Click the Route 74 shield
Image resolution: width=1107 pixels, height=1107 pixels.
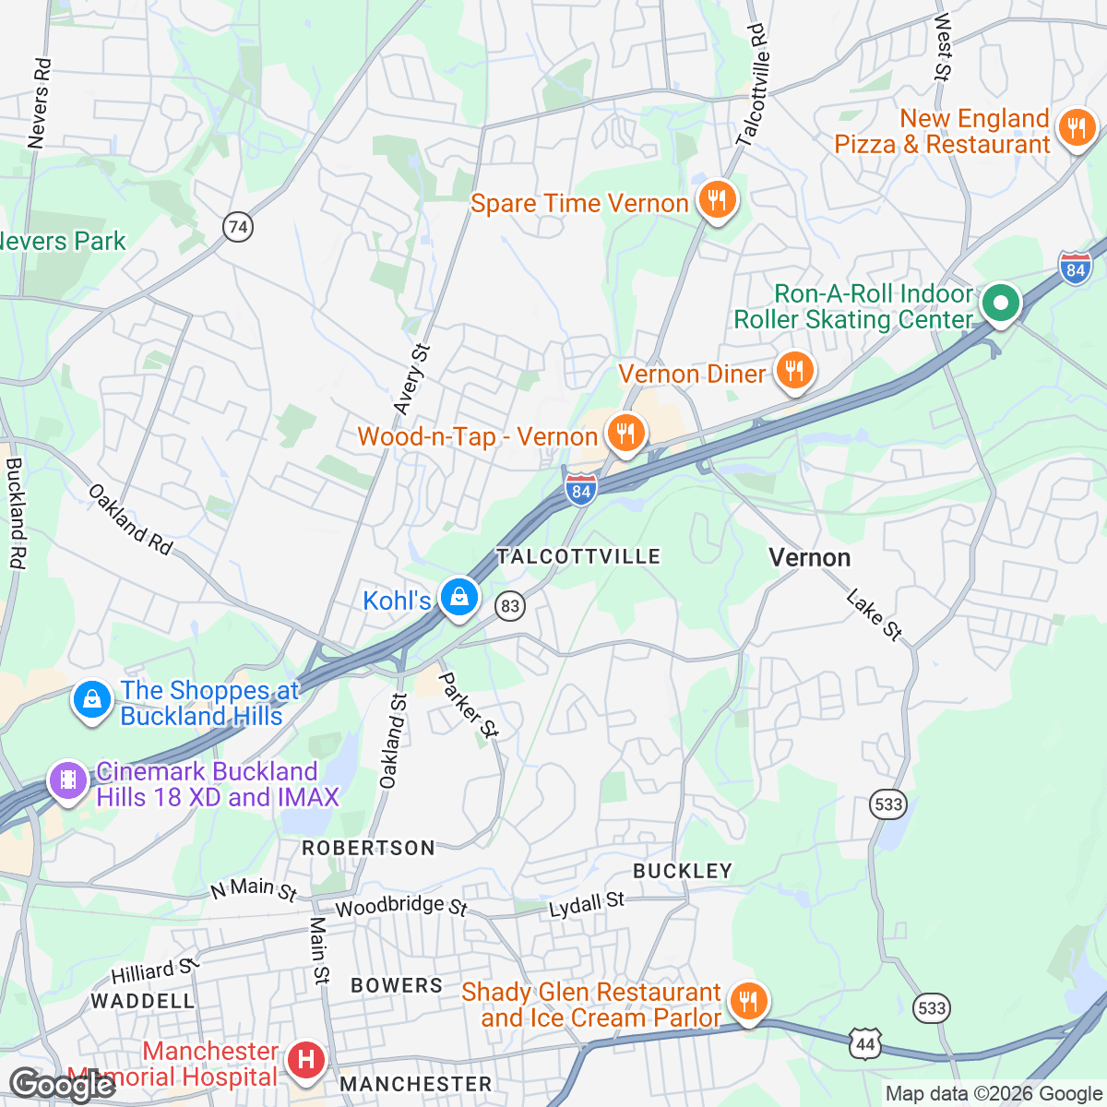[238, 226]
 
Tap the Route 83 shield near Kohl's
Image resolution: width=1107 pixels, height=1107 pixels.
[509, 606]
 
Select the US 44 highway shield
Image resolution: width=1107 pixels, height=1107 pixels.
[865, 1043]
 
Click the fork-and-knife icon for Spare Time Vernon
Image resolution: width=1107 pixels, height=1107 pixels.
[716, 199]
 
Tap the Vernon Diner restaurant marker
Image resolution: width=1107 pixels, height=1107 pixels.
[793, 371]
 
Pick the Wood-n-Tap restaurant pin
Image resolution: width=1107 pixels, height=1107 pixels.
[625, 433]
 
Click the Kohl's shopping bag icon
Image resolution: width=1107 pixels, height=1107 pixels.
[458, 597]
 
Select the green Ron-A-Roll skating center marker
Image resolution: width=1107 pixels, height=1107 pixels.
[1000, 303]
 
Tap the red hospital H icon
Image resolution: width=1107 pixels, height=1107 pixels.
[305, 1059]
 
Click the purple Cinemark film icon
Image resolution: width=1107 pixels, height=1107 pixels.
[67, 780]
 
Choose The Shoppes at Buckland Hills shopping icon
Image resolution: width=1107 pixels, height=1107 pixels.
[92, 700]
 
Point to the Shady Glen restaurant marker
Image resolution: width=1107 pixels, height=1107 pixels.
[748, 1001]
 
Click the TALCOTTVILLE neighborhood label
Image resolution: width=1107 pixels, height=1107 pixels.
[578, 556]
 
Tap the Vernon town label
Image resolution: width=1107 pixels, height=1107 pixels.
[809, 557]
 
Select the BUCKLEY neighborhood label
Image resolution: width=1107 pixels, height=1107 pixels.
[682, 871]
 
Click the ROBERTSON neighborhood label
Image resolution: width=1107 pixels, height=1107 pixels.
[368, 848]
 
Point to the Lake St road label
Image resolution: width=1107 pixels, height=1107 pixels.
[874, 617]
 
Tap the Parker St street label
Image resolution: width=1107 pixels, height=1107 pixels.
[468, 706]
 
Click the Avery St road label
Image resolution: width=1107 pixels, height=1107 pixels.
[411, 379]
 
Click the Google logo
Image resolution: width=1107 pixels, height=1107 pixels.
[62, 1085]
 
